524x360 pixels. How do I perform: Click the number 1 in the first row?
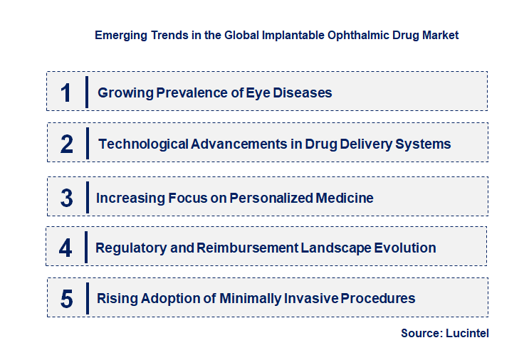(x=66, y=92)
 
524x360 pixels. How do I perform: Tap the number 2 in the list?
(x=67, y=144)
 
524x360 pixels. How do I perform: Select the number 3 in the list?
(x=66, y=198)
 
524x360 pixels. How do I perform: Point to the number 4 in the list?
(x=66, y=248)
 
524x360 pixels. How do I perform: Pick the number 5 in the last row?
(x=66, y=299)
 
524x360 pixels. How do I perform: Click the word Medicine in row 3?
(x=345, y=198)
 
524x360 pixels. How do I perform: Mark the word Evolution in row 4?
(x=404, y=248)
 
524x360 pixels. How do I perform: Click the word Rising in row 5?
(x=115, y=298)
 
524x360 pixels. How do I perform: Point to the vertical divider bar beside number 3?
(x=86, y=196)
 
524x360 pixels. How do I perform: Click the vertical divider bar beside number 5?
(x=86, y=297)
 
